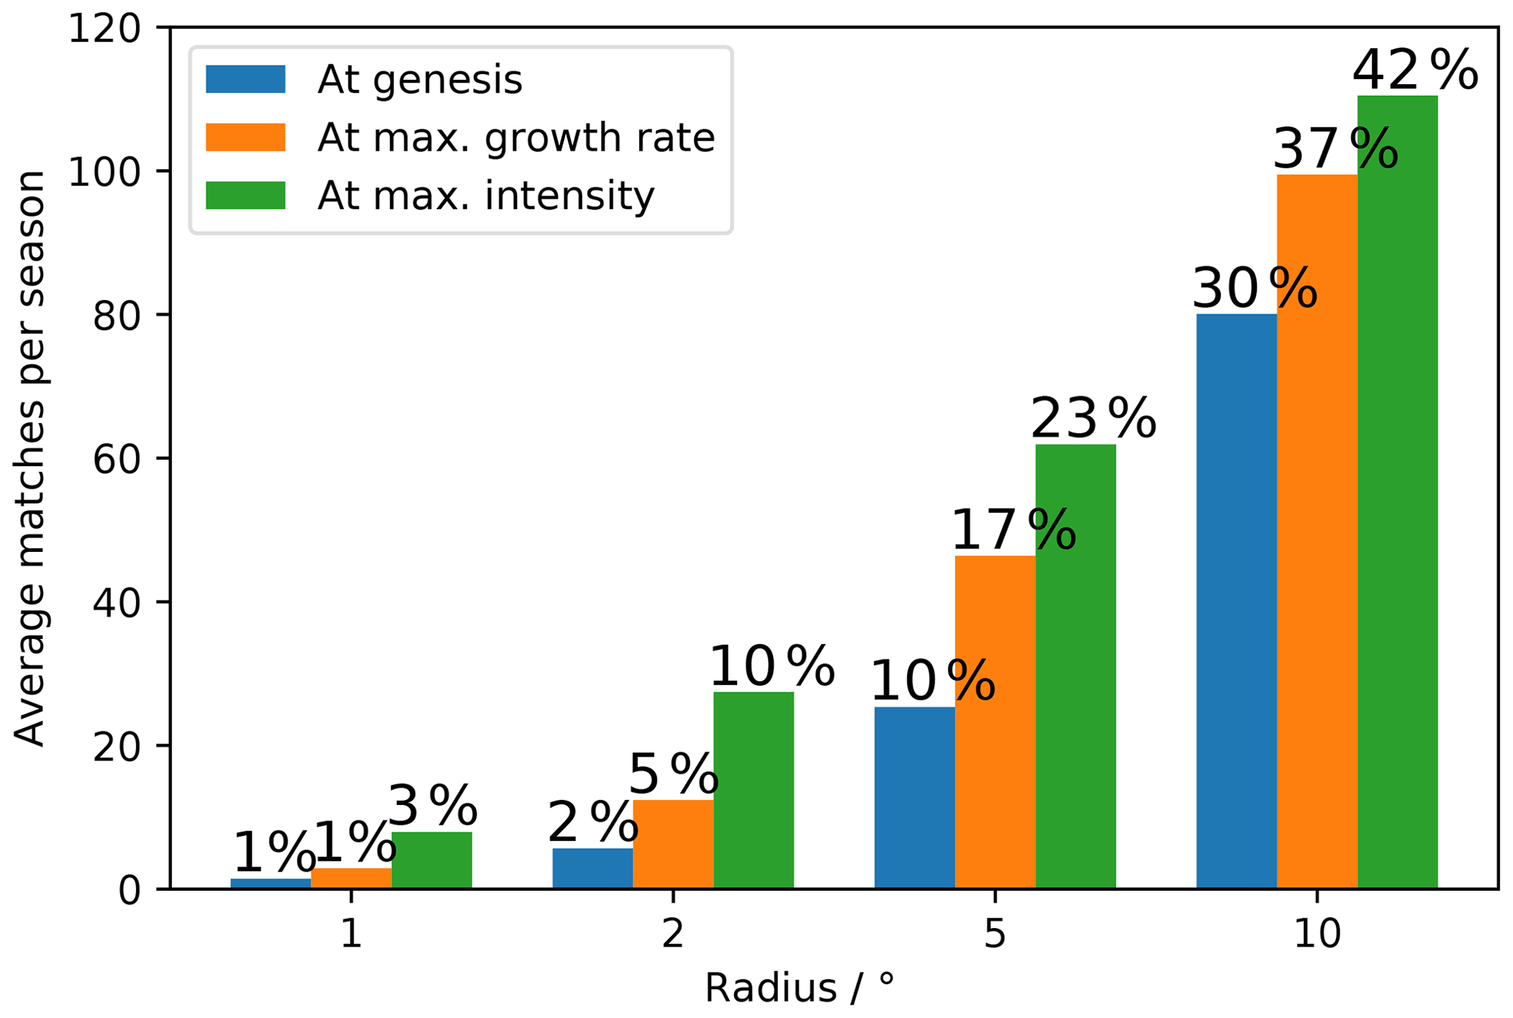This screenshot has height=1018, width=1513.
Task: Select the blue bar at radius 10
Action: (x=1236, y=601)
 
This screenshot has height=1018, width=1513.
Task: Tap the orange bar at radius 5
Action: (x=995, y=722)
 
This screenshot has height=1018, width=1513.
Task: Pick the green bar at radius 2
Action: (x=753, y=790)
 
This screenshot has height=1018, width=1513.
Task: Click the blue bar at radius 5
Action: (x=914, y=797)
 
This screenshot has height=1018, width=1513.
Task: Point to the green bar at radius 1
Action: (x=431, y=860)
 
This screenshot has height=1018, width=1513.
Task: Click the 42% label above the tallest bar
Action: (x=1414, y=71)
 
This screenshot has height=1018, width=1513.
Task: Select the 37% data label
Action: (x=1335, y=149)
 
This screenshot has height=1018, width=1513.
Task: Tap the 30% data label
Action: (x=1255, y=289)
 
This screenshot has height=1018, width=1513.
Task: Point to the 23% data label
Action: (x=1093, y=419)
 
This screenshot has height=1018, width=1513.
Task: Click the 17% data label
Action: (x=1013, y=530)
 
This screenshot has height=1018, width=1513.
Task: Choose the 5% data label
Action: (x=673, y=774)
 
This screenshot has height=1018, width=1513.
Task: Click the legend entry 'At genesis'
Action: (x=419, y=80)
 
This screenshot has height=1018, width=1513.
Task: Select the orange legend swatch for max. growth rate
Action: (x=245, y=138)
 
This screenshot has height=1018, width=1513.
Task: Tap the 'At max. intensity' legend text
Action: (x=485, y=195)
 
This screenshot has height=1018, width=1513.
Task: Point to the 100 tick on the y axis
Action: (x=103, y=171)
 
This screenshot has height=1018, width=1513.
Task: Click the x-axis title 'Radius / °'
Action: (x=799, y=988)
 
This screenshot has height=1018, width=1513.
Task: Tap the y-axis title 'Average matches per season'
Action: (x=30, y=459)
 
